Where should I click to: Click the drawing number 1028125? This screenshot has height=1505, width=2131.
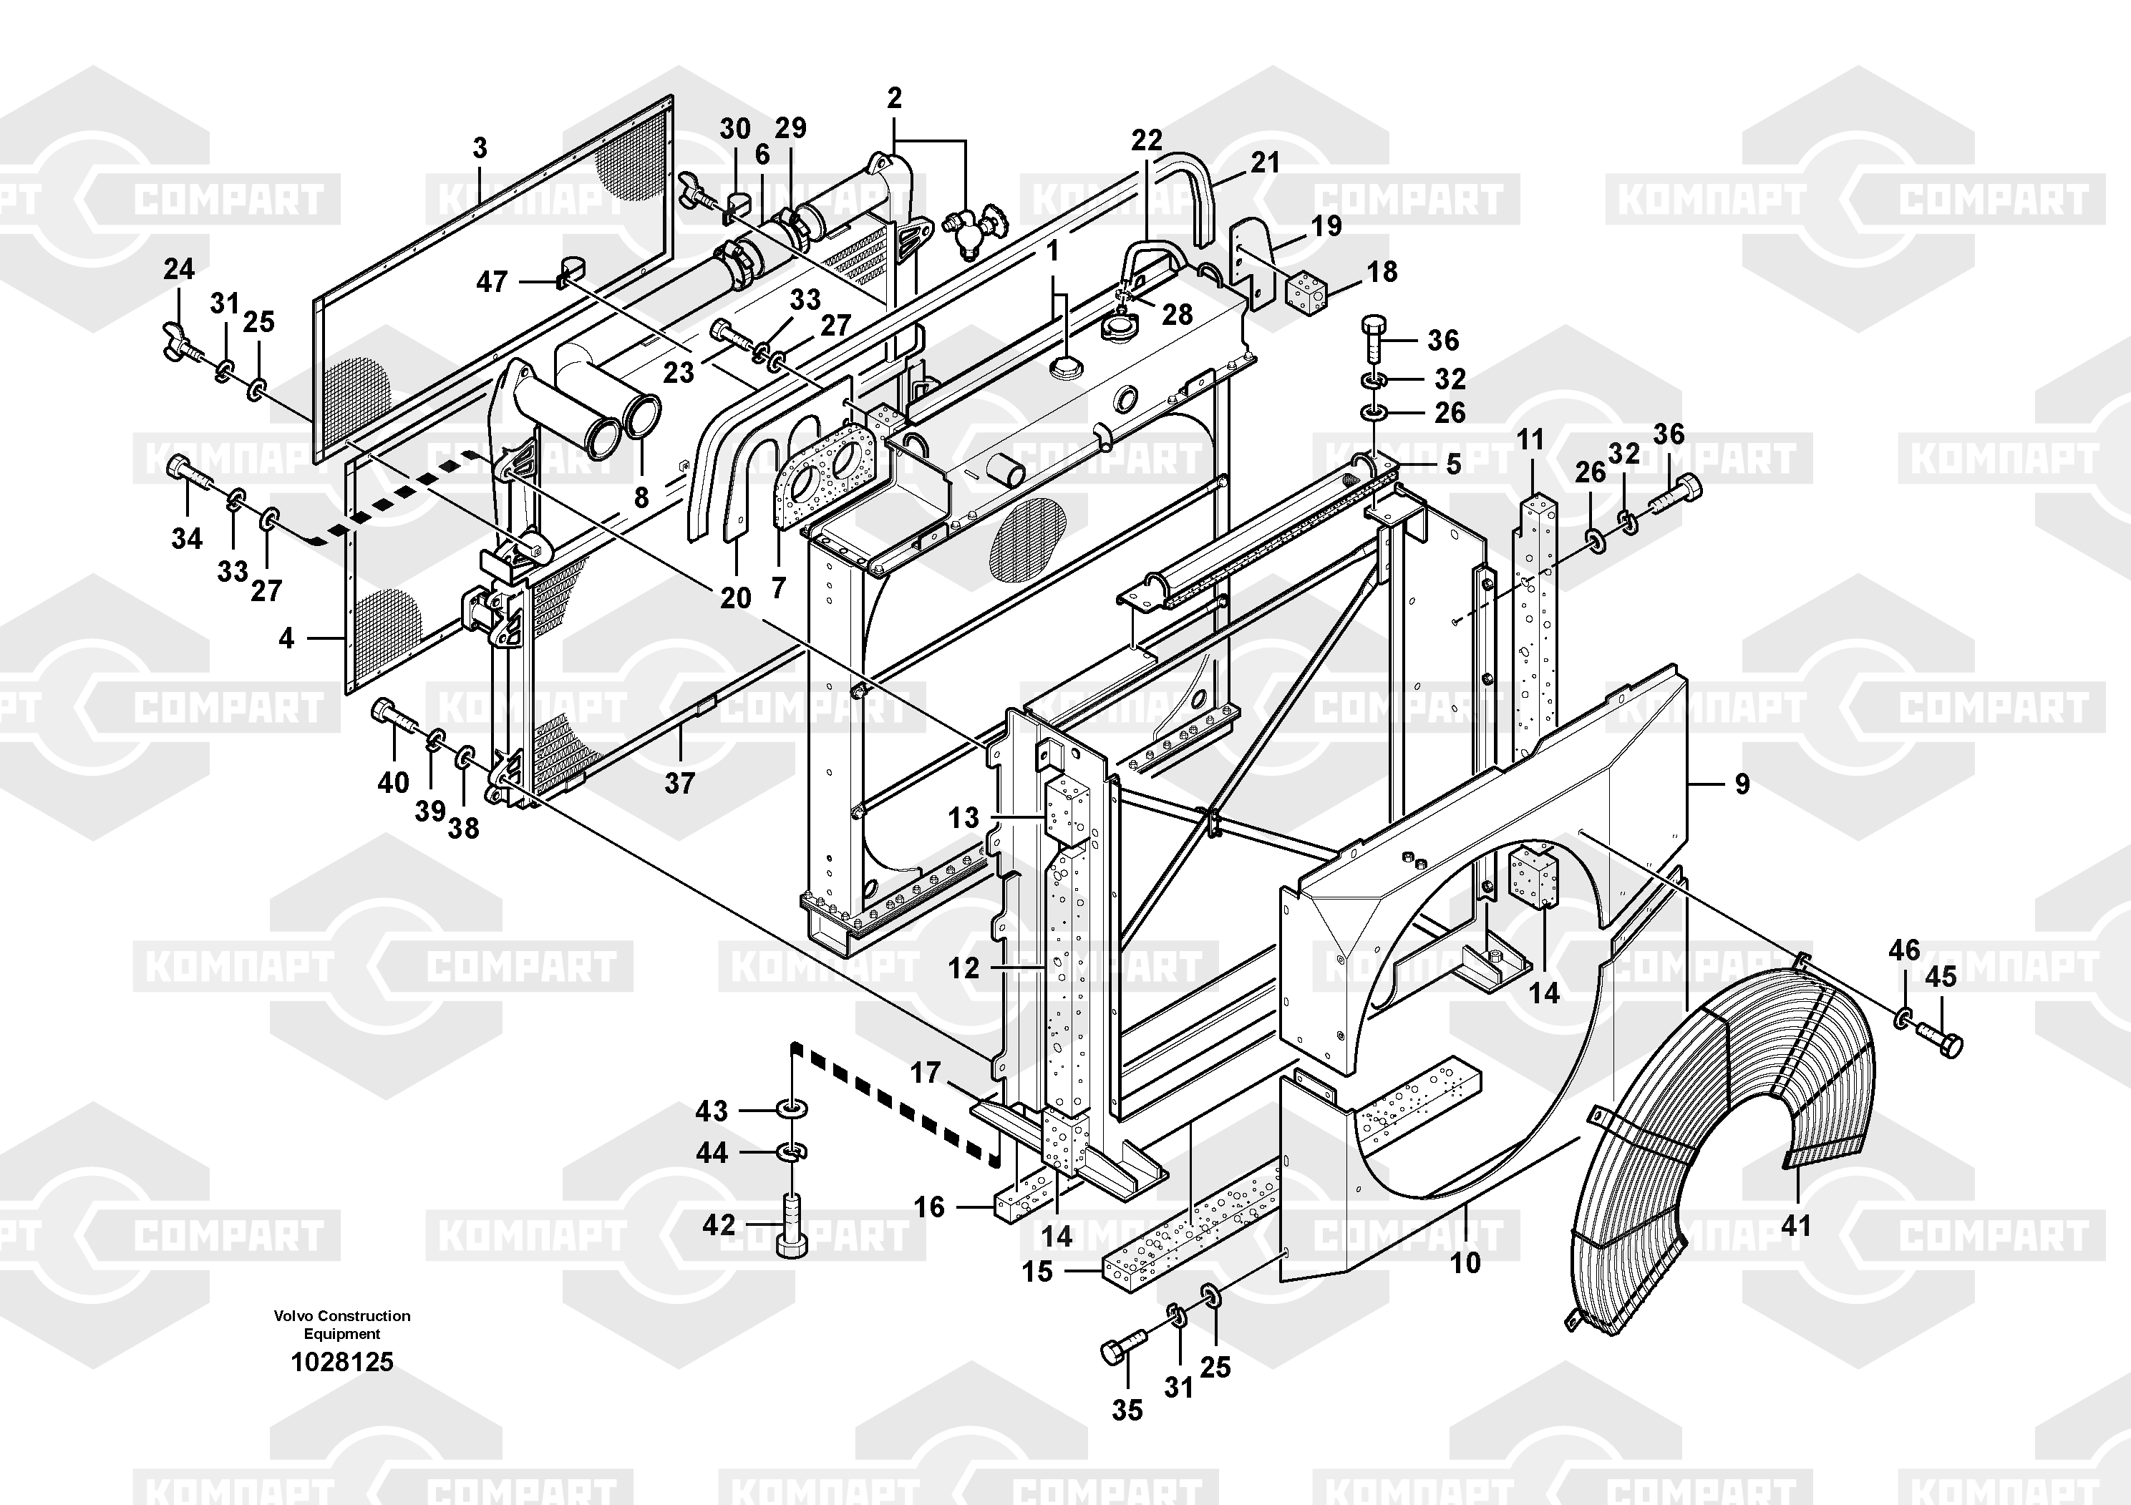pos(341,1362)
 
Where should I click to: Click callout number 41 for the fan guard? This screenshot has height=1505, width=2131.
pos(1796,1224)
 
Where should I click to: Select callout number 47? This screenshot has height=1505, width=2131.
pos(491,281)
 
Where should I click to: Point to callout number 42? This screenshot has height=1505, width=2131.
pos(719,1224)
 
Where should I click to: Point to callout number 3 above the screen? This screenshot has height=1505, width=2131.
pos(479,147)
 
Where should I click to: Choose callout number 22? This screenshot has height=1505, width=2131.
pos(1146,140)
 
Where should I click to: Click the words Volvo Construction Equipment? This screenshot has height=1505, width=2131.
pos(341,1324)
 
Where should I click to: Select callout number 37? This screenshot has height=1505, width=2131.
pos(679,783)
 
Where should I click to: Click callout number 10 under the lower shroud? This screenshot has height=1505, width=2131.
pos(1465,1262)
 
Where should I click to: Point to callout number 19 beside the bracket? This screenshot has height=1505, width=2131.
pos(1326,225)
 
